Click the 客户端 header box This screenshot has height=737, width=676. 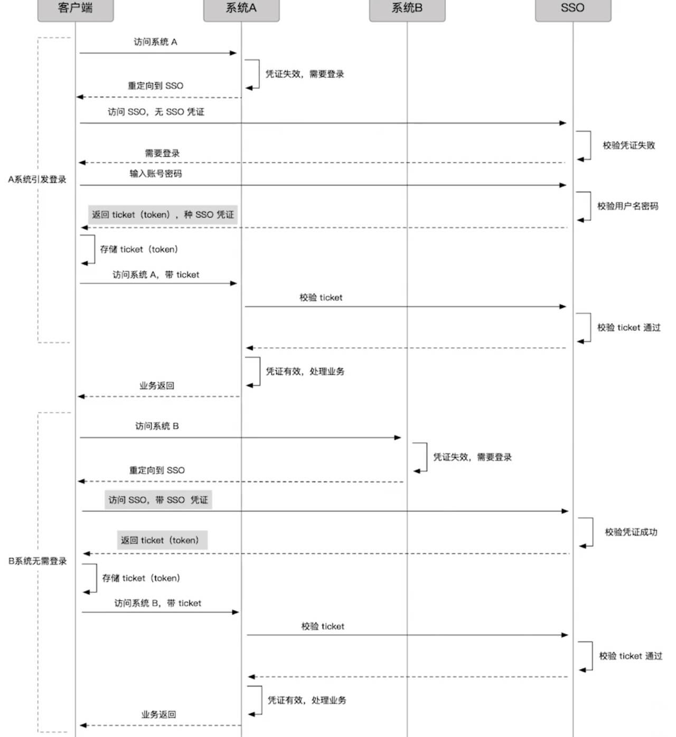pyautogui.click(x=76, y=9)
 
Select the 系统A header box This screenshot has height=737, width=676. pyautogui.click(x=241, y=9)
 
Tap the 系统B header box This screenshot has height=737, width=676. pyautogui.click(x=407, y=9)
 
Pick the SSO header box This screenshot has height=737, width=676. pyautogui.click(x=573, y=9)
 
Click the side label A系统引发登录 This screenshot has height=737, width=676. pyautogui.click(x=37, y=179)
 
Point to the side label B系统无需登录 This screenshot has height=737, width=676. pyautogui.click(x=37, y=561)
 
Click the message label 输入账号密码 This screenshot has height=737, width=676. pyautogui.click(x=156, y=174)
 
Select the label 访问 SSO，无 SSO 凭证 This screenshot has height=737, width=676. pyautogui.click(x=156, y=112)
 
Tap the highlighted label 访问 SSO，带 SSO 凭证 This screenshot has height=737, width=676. pyautogui.click(x=158, y=500)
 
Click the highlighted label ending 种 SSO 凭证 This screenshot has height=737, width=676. pyautogui.click(x=163, y=214)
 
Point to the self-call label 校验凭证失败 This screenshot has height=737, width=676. pyautogui.click(x=629, y=145)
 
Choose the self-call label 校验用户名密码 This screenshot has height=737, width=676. pyautogui.click(x=628, y=206)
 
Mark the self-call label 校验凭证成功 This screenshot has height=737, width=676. pyautogui.click(x=631, y=532)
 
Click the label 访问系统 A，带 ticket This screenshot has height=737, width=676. pyautogui.click(x=156, y=275)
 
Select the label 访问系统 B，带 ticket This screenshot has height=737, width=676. pyautogui.click(x=158, y=603)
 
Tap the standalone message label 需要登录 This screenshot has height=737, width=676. pyautogui.click(x=162, y=154)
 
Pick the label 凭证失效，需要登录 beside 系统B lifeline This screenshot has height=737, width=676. pyautogui.click(x=473, y=457)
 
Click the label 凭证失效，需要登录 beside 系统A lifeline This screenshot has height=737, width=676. pyautogui.click(x=305, y=74)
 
